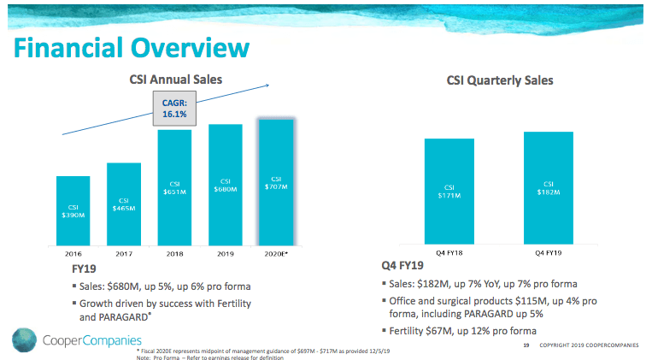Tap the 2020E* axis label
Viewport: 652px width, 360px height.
coord(276,254)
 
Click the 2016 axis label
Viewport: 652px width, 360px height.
coord(73,254)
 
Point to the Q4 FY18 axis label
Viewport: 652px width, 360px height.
coord(449,252)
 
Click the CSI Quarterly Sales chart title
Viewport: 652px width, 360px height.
coord(499,80)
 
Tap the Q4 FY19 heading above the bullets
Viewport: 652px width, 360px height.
coord(397,267)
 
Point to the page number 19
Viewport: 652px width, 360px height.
coord(525,345)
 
